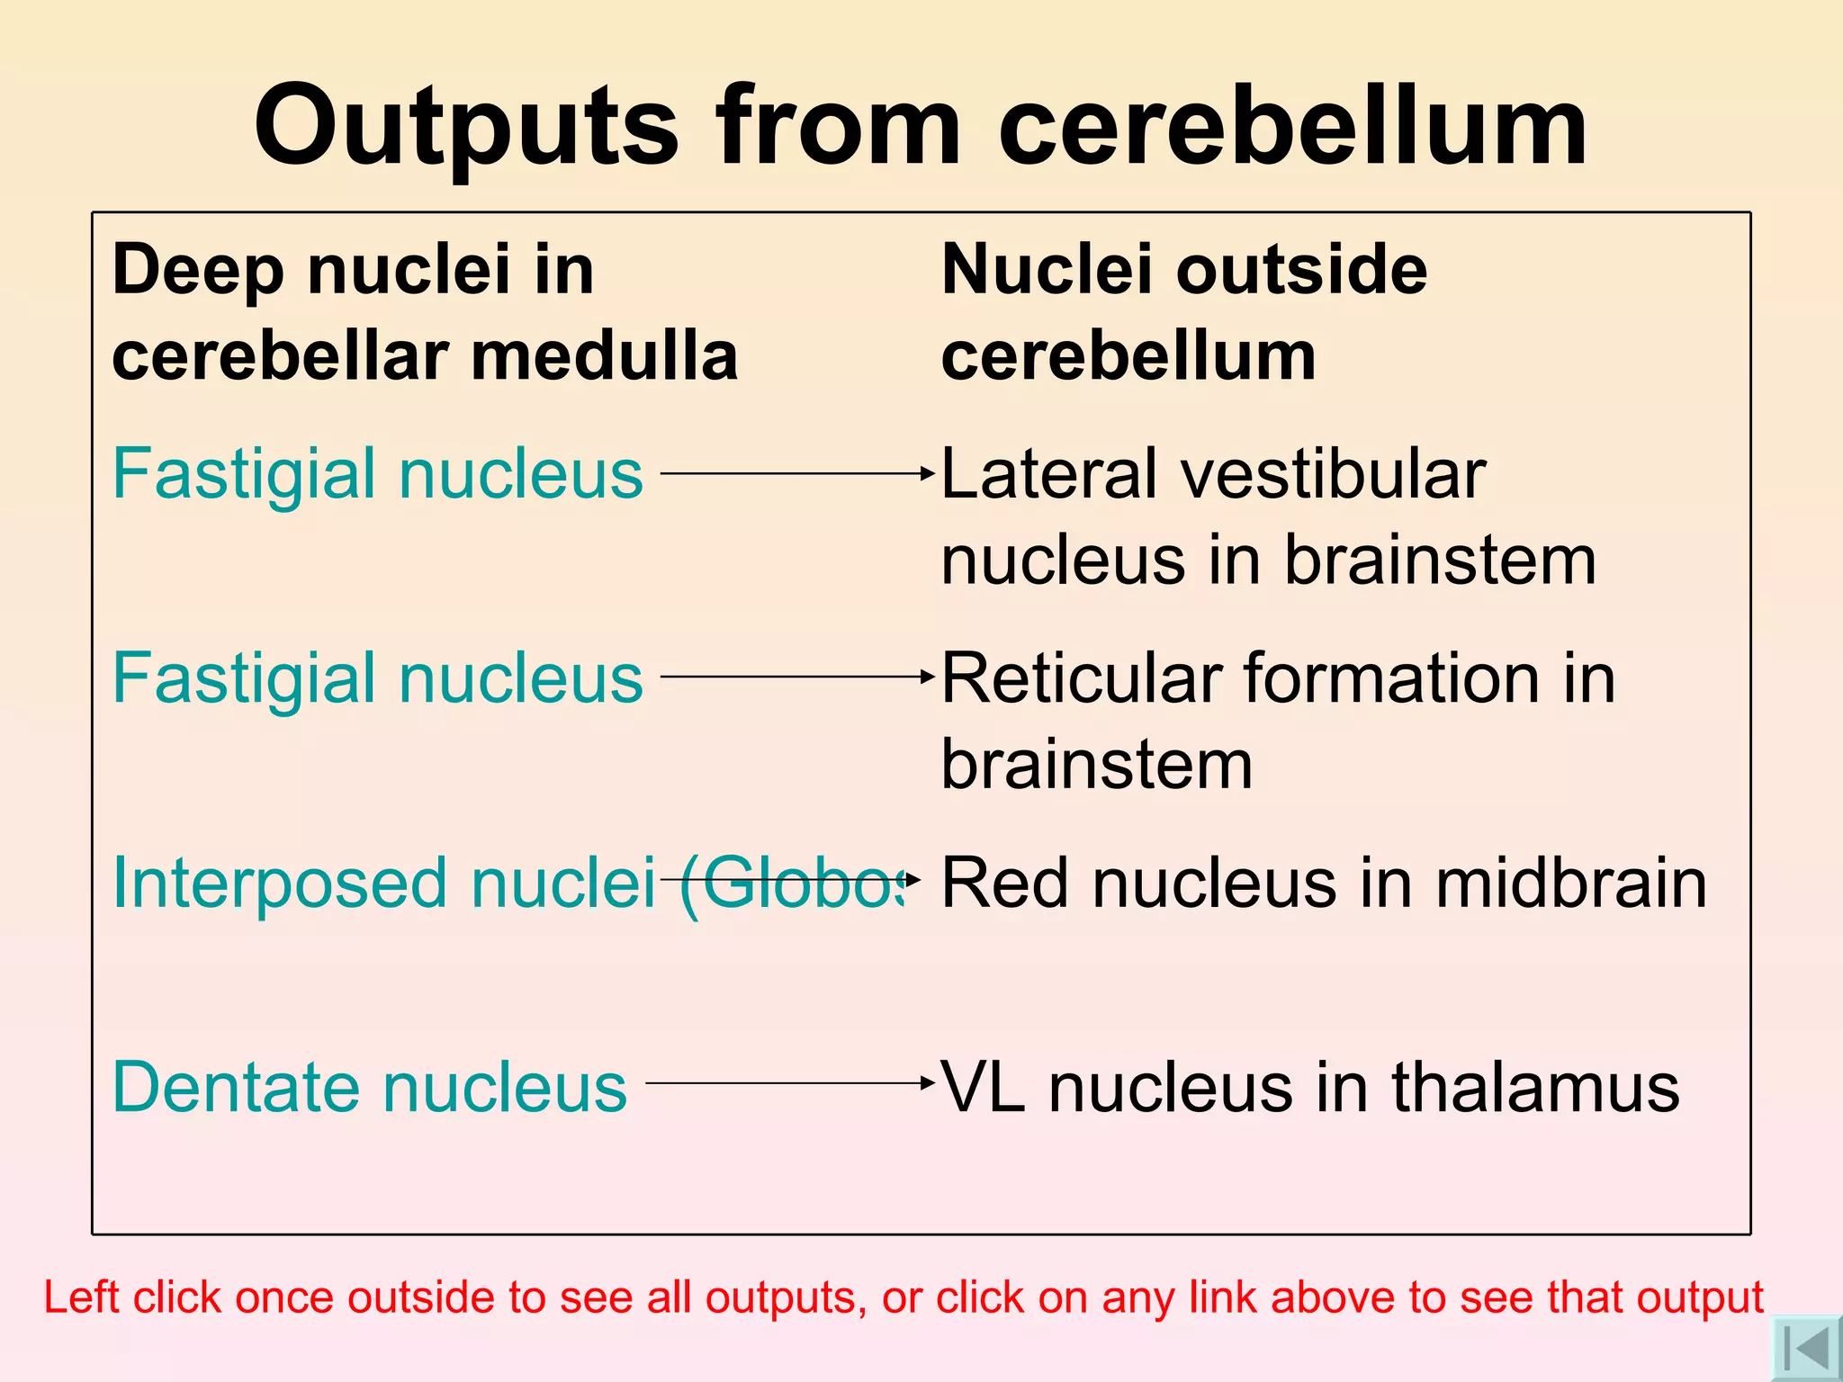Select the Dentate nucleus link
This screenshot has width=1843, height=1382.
click(x=369, y=1087)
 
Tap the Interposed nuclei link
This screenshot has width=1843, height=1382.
click(x=383, y=883)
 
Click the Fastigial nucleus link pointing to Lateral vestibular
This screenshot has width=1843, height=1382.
click(x=377, y=473)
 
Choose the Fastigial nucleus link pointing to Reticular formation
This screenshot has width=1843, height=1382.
click(x=377, y=678)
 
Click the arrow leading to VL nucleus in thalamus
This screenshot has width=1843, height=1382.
click(x=790, y=1083)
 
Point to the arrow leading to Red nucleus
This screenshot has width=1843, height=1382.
click(x=790, y=879)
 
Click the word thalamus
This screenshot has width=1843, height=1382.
click(x=1535, y=1087)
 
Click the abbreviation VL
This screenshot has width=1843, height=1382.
click(x=983, y=1087)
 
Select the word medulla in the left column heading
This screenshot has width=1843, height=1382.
click(x=604, y=356)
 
